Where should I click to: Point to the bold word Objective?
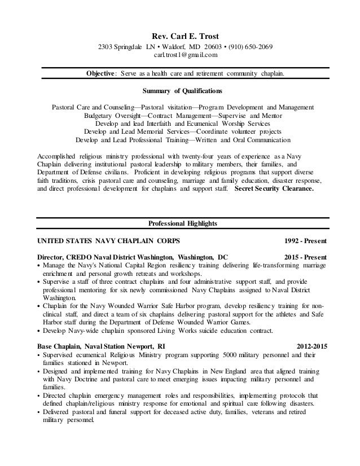coord(101,73)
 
